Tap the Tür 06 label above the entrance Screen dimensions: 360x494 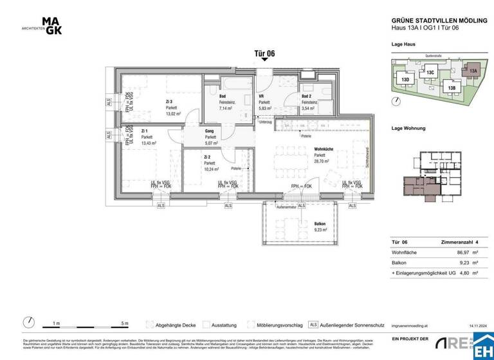click(x=264, y=54)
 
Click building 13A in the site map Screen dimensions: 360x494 click(x=473, y=71)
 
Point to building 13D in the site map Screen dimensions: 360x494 click(x=405, y=80)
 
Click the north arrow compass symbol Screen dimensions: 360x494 click(x=29, y=323)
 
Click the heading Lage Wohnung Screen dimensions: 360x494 click(x=408, y=129)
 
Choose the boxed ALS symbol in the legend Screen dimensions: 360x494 click(x=313, y=325)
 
